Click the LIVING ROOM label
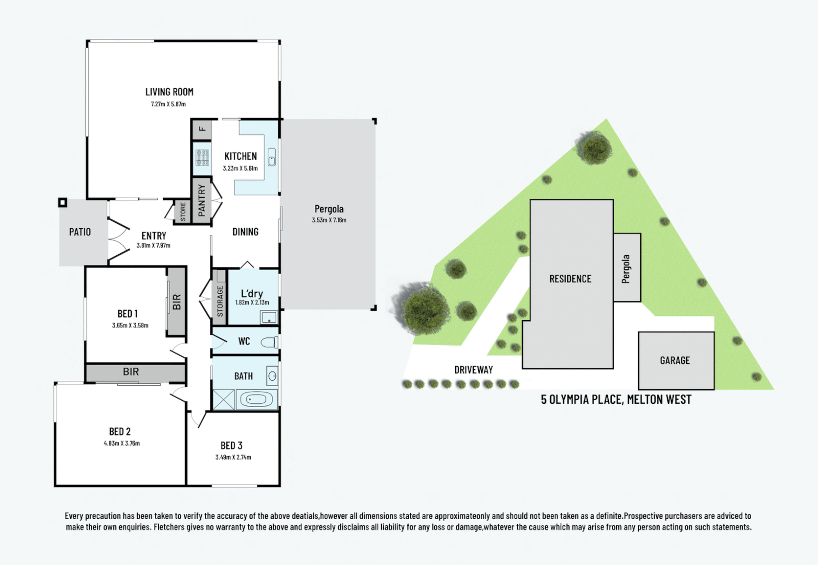169,92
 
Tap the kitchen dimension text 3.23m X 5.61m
240,168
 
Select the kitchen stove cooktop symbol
202,157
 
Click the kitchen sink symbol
271,157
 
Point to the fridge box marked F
202,129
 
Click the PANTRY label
202,200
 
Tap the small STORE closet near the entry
183,212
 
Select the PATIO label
80,232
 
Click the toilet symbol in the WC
270,342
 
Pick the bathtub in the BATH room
256,400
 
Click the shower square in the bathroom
223,400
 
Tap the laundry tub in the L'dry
269,317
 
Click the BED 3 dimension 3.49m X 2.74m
233,457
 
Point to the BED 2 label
120,432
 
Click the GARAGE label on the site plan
675,360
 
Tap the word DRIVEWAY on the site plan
473,370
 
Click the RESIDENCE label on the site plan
570,279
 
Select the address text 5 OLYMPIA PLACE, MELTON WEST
616,400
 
